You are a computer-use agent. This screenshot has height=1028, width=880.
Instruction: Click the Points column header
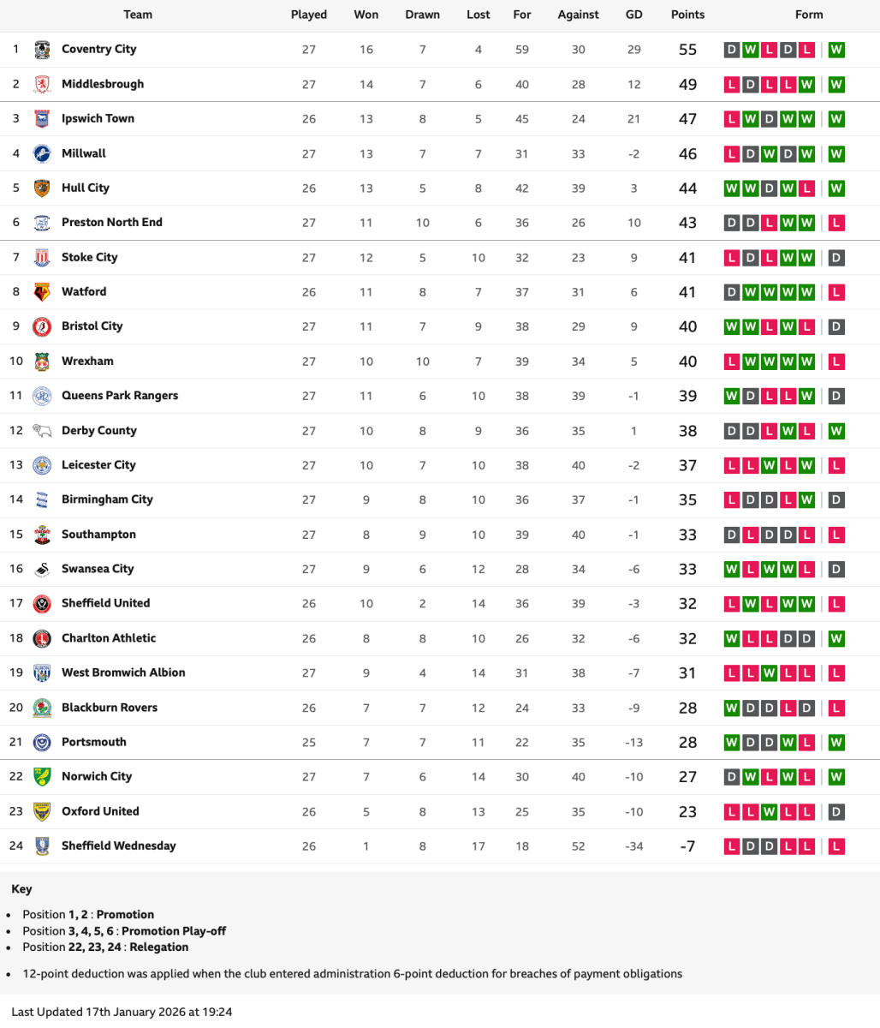coord(687,15)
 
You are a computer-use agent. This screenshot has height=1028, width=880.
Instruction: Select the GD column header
coord(633,15)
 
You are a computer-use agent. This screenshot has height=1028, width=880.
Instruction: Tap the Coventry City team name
coord(98,49)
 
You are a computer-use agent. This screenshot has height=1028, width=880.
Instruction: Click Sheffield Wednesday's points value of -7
coord(687,846)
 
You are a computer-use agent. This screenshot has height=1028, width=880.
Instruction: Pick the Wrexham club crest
coord(42,362)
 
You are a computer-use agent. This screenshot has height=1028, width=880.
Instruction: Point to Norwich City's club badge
coord(42,777)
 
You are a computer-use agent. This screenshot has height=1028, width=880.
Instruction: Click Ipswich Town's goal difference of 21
coord(633,119)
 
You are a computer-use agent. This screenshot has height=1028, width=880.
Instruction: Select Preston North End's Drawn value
coord(422,223)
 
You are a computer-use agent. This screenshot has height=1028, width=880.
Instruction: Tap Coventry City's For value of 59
coord(522,50)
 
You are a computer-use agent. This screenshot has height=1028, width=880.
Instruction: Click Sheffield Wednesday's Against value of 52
coord(579,846)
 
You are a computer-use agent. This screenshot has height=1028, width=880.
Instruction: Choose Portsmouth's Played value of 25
coord(309,743)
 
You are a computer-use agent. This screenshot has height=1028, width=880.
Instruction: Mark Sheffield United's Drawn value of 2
coord(422,604)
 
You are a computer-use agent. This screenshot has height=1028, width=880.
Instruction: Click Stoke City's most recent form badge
coord(836,258)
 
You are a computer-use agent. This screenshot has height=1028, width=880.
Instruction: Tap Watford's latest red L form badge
coord(836,292)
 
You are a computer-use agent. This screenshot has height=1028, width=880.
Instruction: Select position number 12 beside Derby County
coord(16,430)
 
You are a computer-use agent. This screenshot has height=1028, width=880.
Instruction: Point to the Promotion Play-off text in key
coord(175,930)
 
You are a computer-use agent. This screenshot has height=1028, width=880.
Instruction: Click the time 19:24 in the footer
coord(217,1012)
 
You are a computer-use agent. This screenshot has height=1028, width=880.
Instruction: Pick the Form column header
coord(808,15)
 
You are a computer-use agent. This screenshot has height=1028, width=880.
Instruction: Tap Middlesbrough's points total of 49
coord(687,85)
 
